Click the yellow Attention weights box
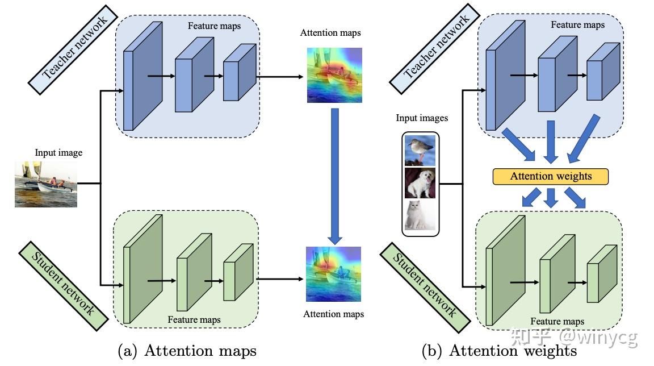(x=551, y=176)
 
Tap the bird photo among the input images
(x=421, y=150)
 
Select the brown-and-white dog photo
(x=421, y=183)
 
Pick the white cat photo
(x=421, y=215)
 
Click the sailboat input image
(x=46, y=184)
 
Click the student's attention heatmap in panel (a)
(x=334, y=273)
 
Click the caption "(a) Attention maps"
(x=187, y=351)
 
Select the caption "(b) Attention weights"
(x=499, y=351)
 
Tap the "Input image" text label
(x=58, y=152)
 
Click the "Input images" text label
(x=422, y=118)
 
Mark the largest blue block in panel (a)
(x=142, y=76)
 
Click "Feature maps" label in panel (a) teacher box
(x=214, y=26)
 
